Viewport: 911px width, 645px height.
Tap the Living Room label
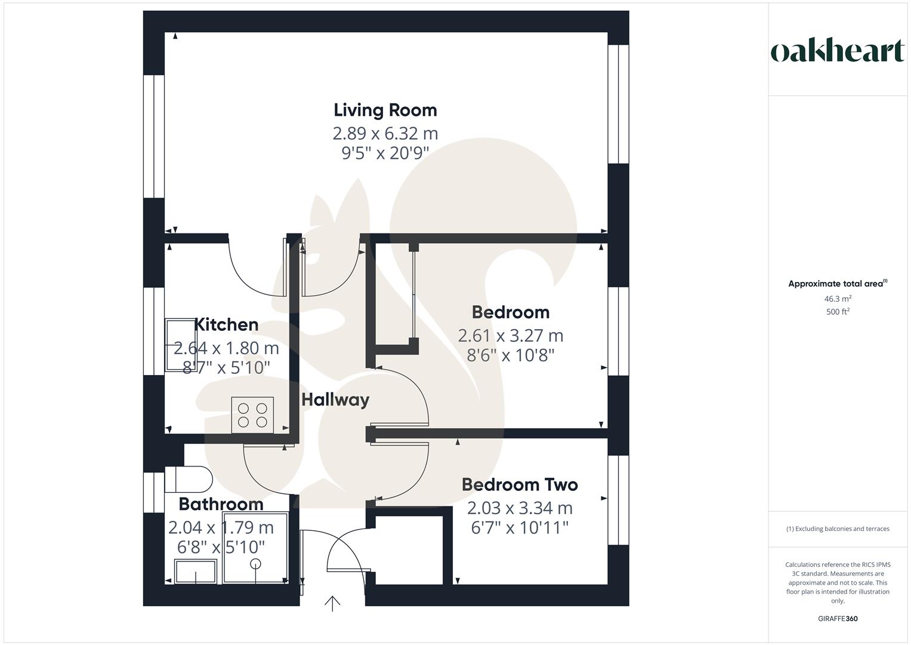(385, 110)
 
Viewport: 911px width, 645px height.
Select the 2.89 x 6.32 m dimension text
(385, 134)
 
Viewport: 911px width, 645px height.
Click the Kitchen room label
(227, 324)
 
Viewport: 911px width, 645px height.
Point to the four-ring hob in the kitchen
(252, 415)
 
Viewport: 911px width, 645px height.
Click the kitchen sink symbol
(181, 345)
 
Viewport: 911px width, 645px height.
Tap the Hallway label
(335, 400)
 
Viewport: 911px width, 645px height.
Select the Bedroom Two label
(520, 484)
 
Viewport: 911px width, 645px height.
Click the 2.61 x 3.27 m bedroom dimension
(511, 336)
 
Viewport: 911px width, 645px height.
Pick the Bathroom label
(221, 504)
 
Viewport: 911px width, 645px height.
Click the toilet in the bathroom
(189, 479)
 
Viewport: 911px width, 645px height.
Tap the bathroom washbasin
(195, 572)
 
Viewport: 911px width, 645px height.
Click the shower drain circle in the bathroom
(255, 564)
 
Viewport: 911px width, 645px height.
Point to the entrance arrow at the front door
(332, 603)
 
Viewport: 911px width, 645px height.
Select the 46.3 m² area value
(838, 299)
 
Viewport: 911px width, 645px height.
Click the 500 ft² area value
(838, 312)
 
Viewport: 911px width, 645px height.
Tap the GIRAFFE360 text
(838, 619)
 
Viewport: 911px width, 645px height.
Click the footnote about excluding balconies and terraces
(838, 529)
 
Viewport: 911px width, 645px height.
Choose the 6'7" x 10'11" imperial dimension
(520, 528)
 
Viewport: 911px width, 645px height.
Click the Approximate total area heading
(838, 284)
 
